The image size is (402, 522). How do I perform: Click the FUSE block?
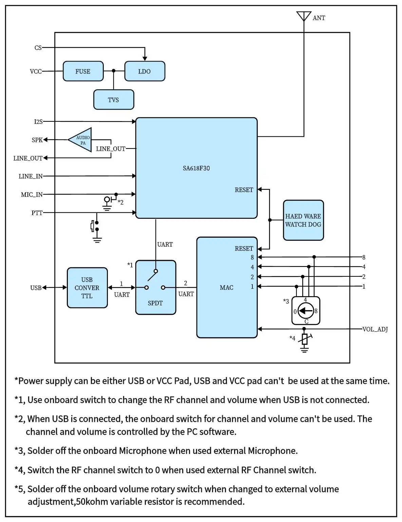83,71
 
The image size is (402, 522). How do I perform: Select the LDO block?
145,71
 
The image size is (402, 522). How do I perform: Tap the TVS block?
113,100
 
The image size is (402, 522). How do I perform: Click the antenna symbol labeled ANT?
304,16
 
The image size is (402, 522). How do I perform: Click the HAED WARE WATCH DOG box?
303,220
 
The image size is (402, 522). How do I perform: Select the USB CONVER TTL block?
87,288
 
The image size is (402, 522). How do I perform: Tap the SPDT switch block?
155,287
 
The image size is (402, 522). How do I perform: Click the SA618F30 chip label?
196,168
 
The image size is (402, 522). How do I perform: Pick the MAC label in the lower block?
226,288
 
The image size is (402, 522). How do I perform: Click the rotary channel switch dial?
306,311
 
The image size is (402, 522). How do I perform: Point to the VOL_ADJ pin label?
375,329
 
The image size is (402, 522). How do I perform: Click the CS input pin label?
38,48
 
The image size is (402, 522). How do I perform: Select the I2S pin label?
38,121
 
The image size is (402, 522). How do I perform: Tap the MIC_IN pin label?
32,194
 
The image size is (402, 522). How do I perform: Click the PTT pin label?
37,213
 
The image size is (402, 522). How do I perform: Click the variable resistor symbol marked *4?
305,339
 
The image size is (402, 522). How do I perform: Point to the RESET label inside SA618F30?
244,190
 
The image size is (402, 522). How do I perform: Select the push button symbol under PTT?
95,226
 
